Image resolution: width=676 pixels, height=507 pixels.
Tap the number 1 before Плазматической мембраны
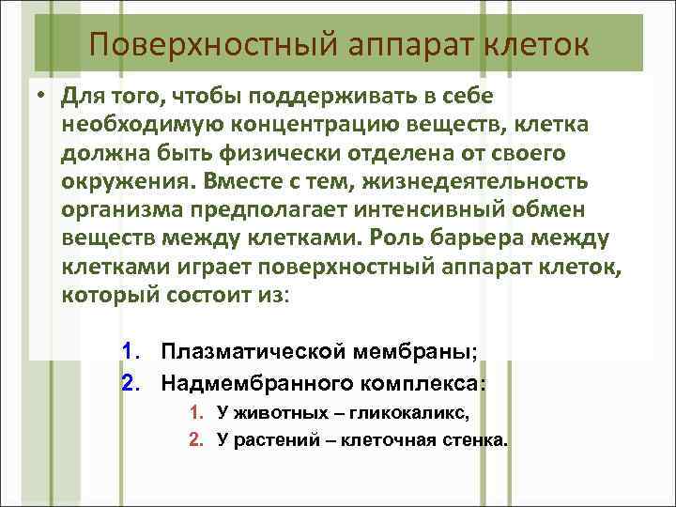pos(128,352)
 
